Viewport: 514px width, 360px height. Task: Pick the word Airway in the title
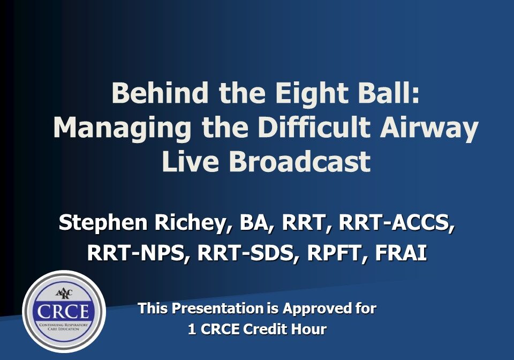pyautogui.click(x=429, y=129)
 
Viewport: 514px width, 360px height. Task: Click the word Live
pyautogui.click(x=190, y=161)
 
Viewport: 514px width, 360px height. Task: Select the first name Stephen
pyautogui.click(x=103, y=223)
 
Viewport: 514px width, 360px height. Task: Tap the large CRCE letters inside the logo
pyautogui.click(x=63, y=311)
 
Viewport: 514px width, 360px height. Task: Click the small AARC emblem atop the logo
pyautogui.click(x=64, y=293)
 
